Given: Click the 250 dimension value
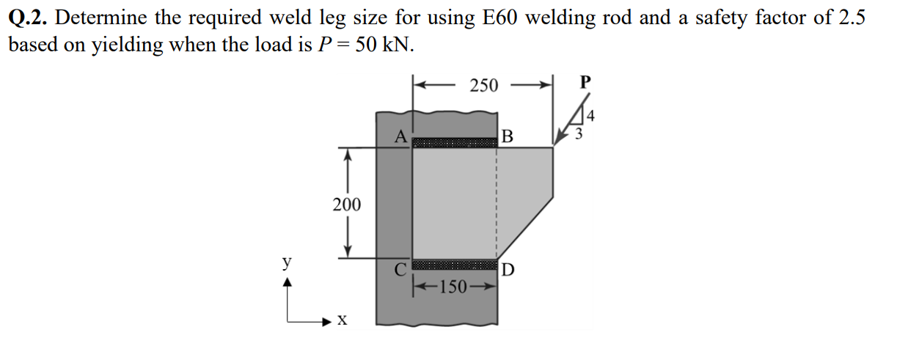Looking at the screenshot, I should [x=483, y=86].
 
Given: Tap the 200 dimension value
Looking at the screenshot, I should [x=347, y=205].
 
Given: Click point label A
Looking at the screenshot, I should [x=400, y=136].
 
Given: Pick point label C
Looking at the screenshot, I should [x=400, y=269].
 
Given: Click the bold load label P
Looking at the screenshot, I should [x=584, y=82].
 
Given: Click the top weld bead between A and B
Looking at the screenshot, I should [x=455, y=142].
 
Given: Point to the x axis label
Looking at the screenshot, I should [x=342, y=320].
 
